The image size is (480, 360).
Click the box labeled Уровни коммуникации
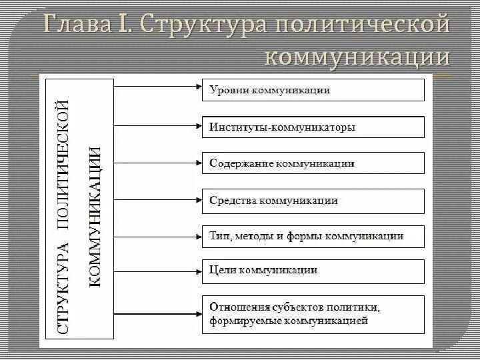point(313,90)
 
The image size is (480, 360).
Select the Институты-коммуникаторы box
point(313,127)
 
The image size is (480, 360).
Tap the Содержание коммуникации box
point(313,163)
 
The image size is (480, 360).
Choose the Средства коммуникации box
point(313,200)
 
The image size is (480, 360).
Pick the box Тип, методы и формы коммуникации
point(313,236)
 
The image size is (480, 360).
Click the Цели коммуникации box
point(313,270)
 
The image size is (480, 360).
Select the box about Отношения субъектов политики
point(313,314)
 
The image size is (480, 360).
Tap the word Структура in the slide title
point(198,25)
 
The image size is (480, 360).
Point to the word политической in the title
point(360,25)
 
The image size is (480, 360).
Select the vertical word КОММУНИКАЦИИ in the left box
point(95,216)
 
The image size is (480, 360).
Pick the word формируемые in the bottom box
point(247,321)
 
